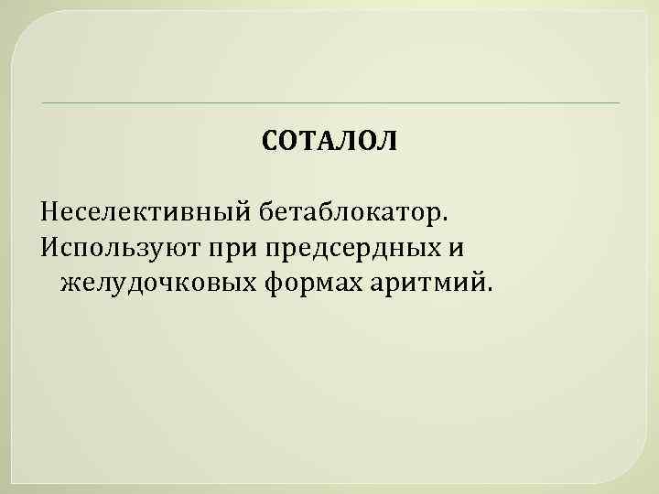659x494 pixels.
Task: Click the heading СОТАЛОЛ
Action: point(329,143)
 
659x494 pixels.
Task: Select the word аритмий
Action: point(429,284)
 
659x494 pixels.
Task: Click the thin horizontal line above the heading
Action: point(329,102)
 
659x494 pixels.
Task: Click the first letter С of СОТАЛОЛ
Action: point(269,143)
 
